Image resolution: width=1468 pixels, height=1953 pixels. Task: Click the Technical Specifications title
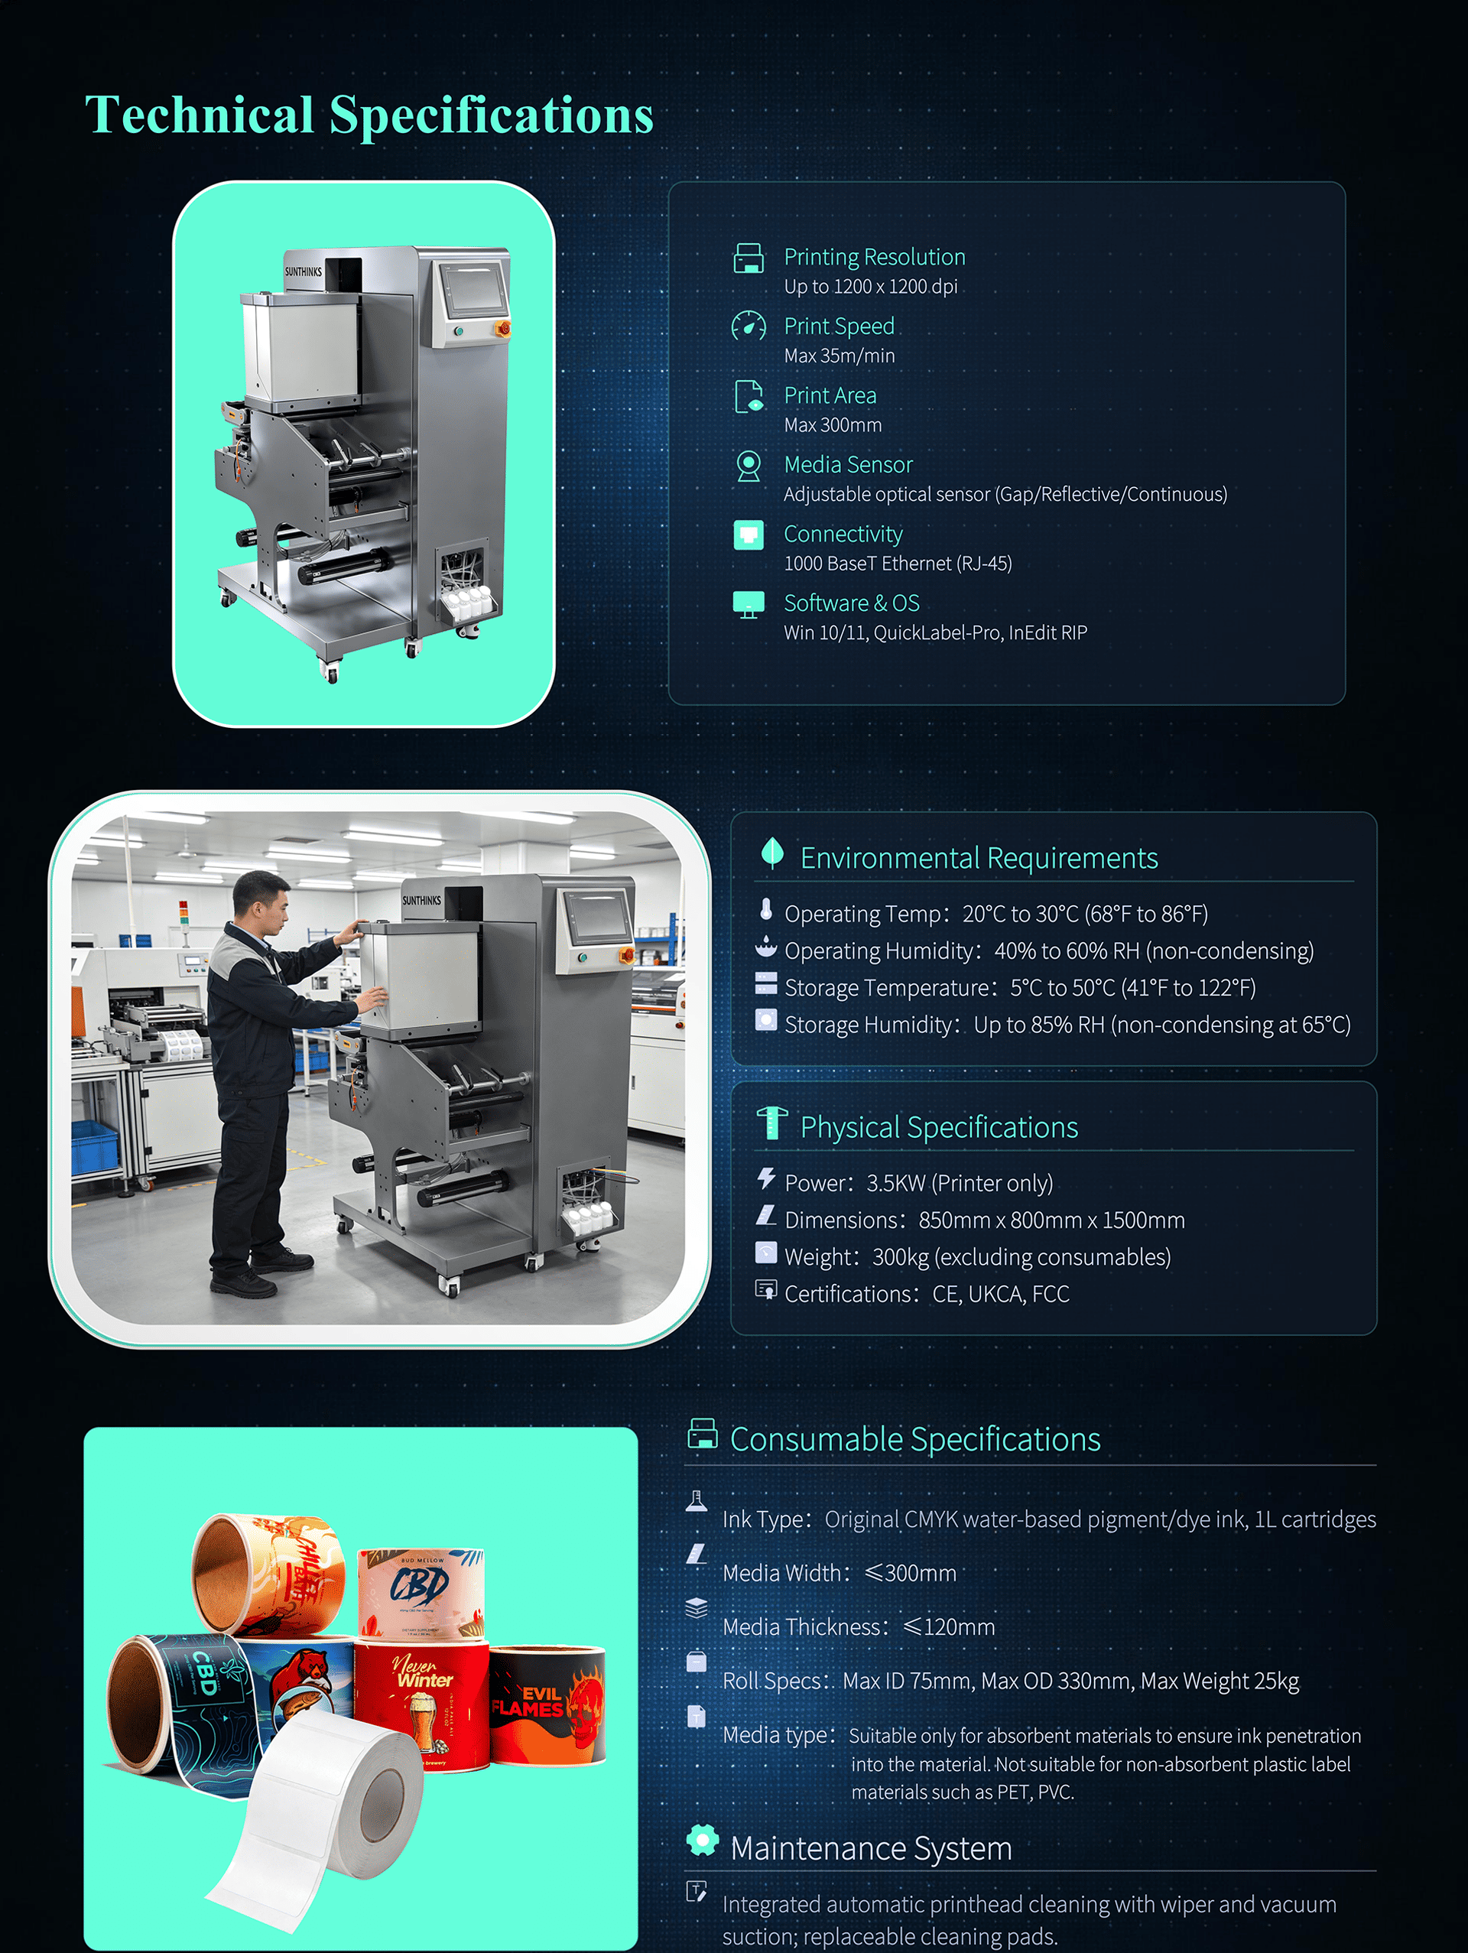point(369,115)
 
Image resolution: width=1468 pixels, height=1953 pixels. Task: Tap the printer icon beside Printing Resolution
point(749,258)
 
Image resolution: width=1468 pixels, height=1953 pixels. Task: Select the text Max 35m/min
point(840,356)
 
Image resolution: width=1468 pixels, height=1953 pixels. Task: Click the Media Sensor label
point(849,464)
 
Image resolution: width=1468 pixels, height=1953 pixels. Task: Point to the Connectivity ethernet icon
point(749,535)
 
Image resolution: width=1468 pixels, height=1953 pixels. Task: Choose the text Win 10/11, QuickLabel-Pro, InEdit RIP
point(936,632)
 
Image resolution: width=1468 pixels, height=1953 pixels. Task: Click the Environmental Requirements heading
point(979,857)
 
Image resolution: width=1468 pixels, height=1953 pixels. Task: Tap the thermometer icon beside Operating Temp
point(766,909)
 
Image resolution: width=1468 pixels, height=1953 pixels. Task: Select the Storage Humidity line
point(1067,1024)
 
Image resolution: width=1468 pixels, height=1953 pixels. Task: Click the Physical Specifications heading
point(939,1126)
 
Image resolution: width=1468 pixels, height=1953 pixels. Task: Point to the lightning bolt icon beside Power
point(766,1178)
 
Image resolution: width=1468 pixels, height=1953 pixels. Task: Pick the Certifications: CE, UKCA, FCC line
point(927,1294)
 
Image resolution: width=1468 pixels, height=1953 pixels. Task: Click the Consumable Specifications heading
point(915,1439)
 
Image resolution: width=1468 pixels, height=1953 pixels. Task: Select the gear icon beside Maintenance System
point(703,1840)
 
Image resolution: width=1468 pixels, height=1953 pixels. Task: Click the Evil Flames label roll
point(547,1704)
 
